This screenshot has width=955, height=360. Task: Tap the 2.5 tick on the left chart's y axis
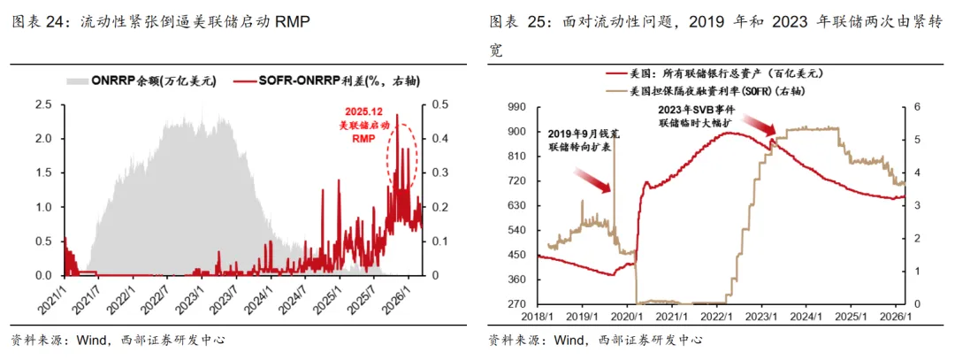point(44,105)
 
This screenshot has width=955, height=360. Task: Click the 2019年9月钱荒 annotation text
point(584,140)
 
